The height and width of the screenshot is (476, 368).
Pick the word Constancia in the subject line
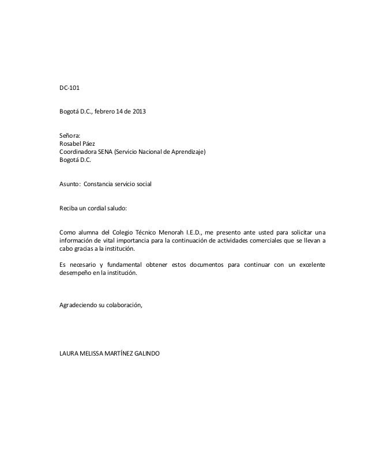point(100,185)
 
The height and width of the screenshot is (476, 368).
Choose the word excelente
point(309,265)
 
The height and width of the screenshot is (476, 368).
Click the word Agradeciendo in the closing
point(81,306)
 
